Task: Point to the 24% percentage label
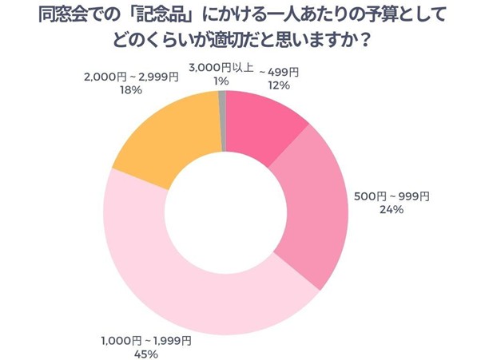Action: pyautogui.click(x=392, y=210)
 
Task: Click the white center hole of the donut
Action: pyautogui.click(x=225, y=216)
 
